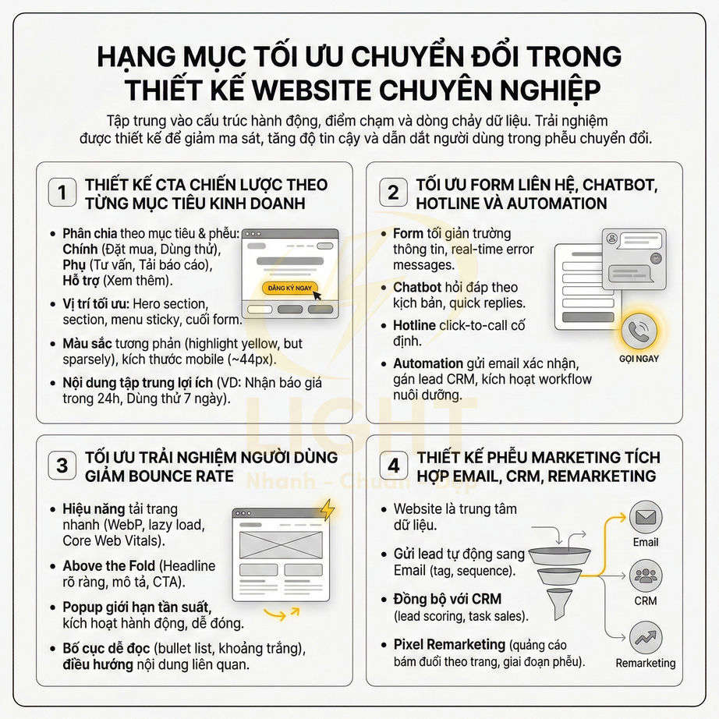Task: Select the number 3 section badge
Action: click(x=62, y=466)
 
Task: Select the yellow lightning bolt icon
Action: click(x=327, y=509)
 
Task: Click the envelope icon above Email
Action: click(x=646, y=517)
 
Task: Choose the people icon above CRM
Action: click(x=646, y=577)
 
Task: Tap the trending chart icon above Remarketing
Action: click(x=646, y=638)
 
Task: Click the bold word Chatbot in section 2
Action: click(x=417, y=287)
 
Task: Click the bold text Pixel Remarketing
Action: click(x=449, y=644)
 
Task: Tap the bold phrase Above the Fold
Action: click(x=106, y=565)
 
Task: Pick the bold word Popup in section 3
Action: click(x=82, y=606)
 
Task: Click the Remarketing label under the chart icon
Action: click(x=646, y=663)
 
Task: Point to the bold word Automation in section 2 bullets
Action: click(x=428, y=363)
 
